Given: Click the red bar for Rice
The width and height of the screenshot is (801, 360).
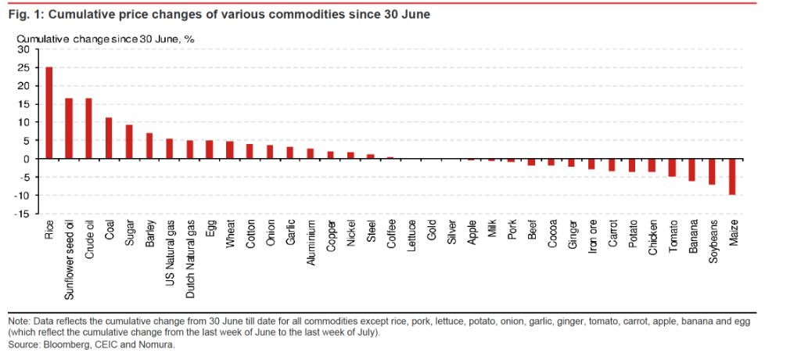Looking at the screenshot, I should point(49,113).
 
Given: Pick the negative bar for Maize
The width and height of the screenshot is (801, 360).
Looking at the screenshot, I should point(733,177).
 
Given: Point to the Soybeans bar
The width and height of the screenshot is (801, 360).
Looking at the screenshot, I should point(713,171).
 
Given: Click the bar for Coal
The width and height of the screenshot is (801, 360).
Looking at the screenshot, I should point(110,139).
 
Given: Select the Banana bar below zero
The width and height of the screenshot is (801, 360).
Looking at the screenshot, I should point(692,170).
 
